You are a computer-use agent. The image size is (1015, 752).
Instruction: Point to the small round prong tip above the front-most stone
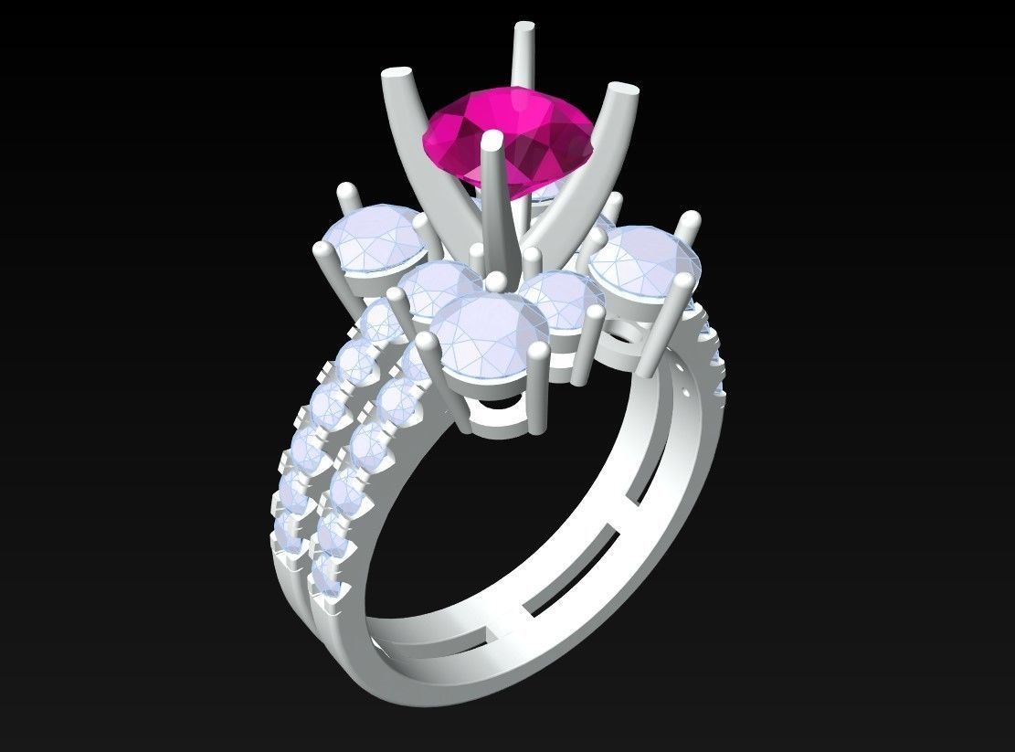(496, 281)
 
